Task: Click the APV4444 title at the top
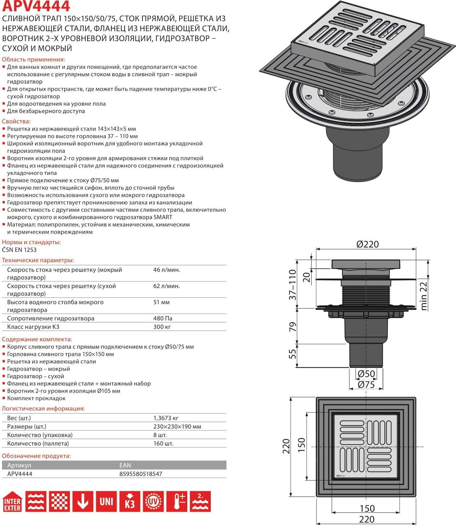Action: pos(36,6)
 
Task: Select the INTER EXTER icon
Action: pos(12,501)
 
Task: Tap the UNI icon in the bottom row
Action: pos(106,501)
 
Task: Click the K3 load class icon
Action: pos(130,501)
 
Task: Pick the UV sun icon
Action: pos(153,501)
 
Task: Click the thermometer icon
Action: pos(177,501)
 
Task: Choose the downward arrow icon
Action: pos(83,501)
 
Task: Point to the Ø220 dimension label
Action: pos(367,244)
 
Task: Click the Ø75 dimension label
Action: pos(366,384)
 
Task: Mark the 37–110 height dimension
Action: pos(293,285)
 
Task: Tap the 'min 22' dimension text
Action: pos(424,294)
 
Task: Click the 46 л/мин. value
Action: pos(167,270)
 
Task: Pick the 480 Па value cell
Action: pos(163,319)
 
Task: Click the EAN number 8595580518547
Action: pos(141,474)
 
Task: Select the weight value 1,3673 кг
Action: pos(166,418)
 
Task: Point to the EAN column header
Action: pos(125,465)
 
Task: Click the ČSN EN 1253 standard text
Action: pos(19,250)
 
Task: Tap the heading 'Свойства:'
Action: pos(16,121)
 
